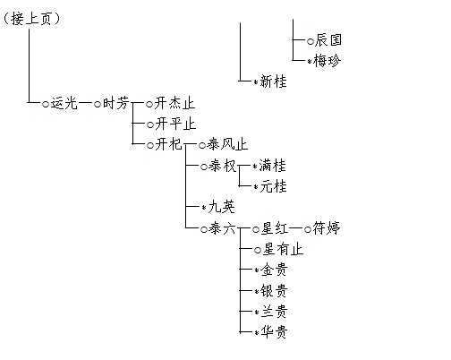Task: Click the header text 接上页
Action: (x=31, y=19)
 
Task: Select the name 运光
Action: (x=64, y=104)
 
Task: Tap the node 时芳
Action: (x=115, y=104)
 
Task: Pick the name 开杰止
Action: (x=174, y=104)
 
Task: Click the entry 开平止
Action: (x=175, y=124)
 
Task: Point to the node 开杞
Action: (x=168, y=144)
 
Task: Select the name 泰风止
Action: (x=227, y=144)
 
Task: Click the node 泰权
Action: (x=223, y=166)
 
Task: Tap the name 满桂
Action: (x=273, y=166)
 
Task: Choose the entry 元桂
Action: (x=273, y=186)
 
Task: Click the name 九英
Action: (x=221, y=207)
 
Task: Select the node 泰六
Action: (x=222, y=229)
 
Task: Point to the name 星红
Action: (x=275, y=228)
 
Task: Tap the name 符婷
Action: (x=327, y=228)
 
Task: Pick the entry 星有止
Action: (x=283, y=249)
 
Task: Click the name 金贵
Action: (x=274, y=270)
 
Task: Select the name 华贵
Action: (x=274, y=331)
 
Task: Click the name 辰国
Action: (x=328, y=40)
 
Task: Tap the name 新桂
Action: (x=273, y=81)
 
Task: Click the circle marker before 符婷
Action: (x=308, y=229)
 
